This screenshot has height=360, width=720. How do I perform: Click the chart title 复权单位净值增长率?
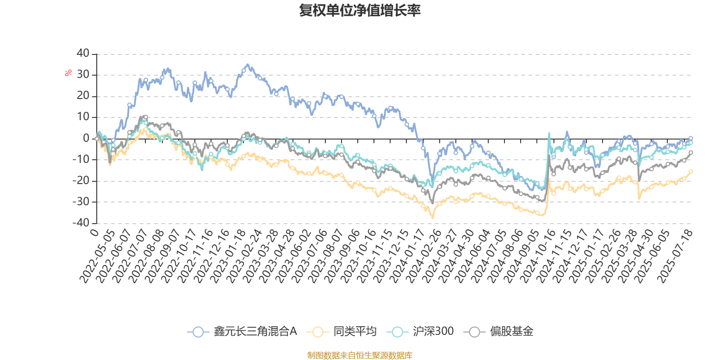point(360,10)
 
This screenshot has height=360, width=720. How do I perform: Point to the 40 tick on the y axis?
point(83,54)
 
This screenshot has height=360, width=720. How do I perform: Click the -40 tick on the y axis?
point(81,223)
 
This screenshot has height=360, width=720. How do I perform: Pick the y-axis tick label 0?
point(86,139)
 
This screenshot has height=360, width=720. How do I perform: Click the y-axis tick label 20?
point(83,96)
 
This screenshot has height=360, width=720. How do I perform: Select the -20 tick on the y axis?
point(81,180)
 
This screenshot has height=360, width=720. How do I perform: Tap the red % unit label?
point(68,73)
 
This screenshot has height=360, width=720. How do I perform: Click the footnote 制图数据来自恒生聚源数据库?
point(360,355)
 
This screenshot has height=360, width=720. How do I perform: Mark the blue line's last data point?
point(691,138)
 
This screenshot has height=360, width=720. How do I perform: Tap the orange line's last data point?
point(691,171)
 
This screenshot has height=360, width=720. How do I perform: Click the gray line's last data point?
point(691,153)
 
